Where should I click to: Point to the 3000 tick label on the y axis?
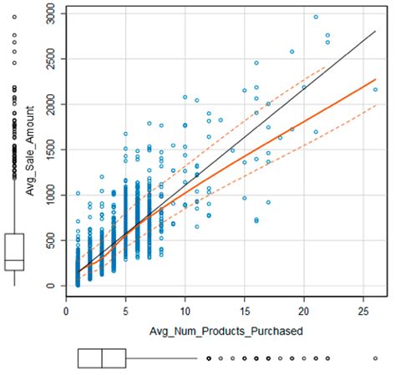coord(53,14)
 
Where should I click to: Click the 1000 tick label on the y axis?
coord(53,195)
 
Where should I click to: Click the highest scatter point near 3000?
coord(316,17)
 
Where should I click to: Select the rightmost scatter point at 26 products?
coord(375,89)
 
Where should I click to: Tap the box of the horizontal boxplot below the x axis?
coord(101,358)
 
